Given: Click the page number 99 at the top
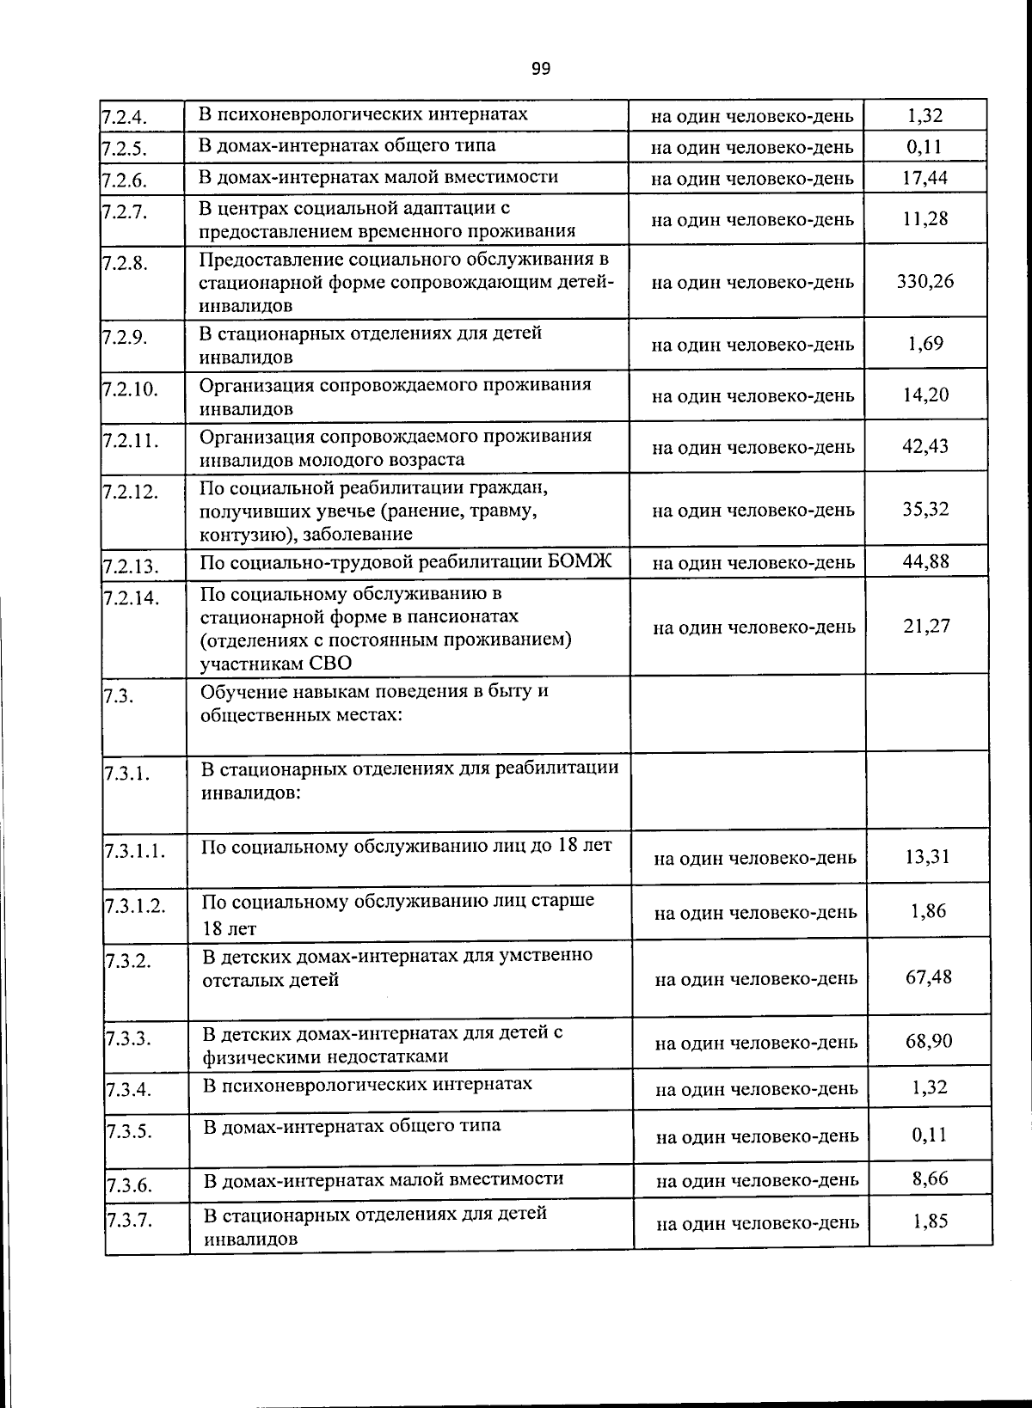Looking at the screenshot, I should [x=540, y=69].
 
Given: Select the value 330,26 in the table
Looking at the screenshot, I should [x=924, y=281].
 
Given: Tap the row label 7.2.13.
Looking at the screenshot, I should [x=131, y=566].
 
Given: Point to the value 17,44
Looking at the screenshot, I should [x=924, y=178].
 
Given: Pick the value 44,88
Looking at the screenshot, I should [x=925, y=561].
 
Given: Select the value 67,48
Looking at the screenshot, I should [x=928, y=976].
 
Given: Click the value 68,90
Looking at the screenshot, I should [x=928, y=1041].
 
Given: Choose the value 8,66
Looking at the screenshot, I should [x=930, y=1178].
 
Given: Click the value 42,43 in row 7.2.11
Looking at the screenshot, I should [x=924, y=446].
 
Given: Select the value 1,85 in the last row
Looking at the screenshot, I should [x=930, y=1221].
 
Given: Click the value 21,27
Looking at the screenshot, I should [x=926, y=626].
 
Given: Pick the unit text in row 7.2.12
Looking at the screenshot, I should [x=752, y=511].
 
